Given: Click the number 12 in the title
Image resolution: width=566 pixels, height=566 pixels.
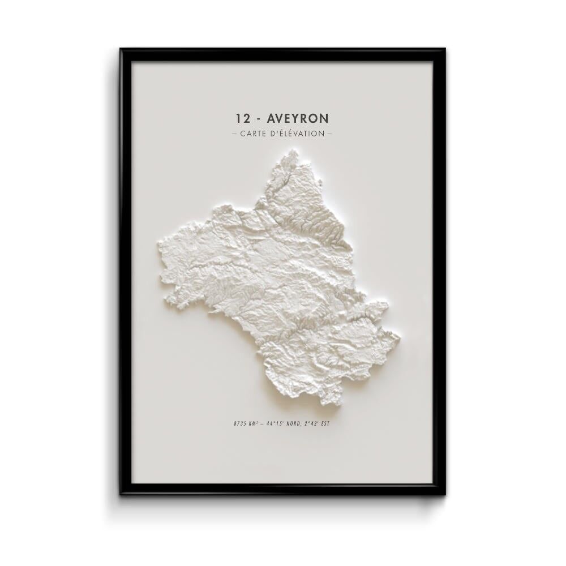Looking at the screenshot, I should click(x=243, y=118).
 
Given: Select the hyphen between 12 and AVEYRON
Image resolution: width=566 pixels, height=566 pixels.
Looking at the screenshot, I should click(x=259, y=119).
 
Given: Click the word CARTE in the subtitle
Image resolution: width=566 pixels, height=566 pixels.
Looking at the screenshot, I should click(x=254, y=134).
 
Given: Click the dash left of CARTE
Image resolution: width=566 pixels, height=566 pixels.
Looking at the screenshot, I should click(x=234, y=134).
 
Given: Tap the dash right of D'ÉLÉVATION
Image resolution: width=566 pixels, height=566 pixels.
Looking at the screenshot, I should click(x=329, y=134).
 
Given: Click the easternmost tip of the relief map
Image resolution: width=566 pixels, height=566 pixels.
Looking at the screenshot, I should click(x=400, y=337).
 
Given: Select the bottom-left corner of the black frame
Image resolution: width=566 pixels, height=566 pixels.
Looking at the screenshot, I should click(x=121, y=494).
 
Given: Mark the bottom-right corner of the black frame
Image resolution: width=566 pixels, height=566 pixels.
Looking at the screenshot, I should click(x=444, y=494).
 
